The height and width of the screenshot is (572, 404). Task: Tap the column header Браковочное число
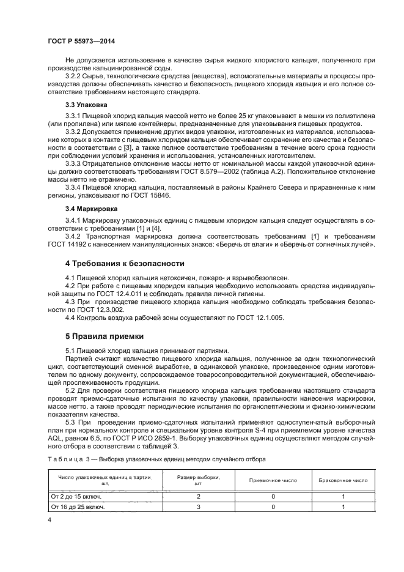pyautogui.click(x=343, y=480)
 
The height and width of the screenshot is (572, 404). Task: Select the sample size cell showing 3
pyautogui.click(x=198, y=507)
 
